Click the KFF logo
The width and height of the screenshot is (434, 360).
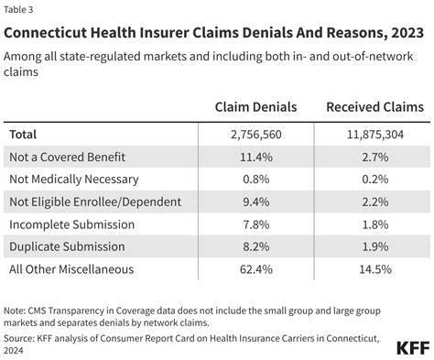[x=413, y=348]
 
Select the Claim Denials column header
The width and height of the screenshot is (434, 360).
[x=255, y=107]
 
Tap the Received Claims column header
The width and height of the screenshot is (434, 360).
[x=375, y=107]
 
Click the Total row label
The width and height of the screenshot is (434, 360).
[x=23, y=135]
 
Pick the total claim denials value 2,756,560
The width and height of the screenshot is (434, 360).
[x=256, y=135]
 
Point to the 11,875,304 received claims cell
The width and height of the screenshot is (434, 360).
[x=375, y=135]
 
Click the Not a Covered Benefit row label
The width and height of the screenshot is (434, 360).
[x=67, y=157]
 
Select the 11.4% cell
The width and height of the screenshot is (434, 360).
[x=256, y=157]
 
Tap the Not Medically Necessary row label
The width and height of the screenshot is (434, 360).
[x=74, y=180]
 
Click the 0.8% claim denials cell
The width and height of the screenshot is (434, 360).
[x=256, y=180]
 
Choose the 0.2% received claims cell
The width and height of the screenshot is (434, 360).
[x=375, y=180]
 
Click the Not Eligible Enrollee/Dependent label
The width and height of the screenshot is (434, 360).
[x=95, y=202]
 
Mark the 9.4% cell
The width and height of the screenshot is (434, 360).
[x=256, y=202]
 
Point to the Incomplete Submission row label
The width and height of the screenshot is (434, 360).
[x=71, y=224]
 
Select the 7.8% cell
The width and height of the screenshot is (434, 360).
[x=256, y=224]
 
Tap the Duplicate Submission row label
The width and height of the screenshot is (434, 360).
[x=67, y=246]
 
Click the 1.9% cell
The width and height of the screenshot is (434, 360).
[x=375, y=246]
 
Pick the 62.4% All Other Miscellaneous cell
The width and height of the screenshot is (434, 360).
[x=256, y=269]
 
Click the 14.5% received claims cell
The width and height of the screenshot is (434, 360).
[x=375, y=269]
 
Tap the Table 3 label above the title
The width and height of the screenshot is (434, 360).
[x=18, y=10]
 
